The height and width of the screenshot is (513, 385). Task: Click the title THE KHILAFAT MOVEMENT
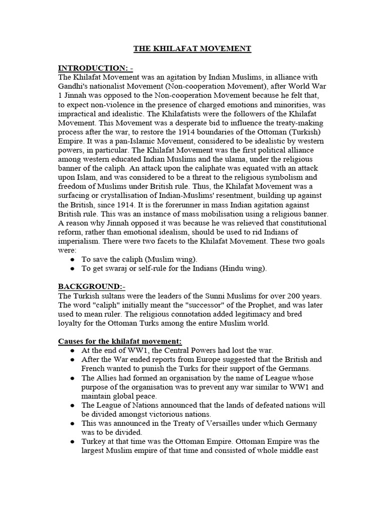pyautogui.click(x=192, y=49)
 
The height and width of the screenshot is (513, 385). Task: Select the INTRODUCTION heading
pyautogui.click(x=95, y=68)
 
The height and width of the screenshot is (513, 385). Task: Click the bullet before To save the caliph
pyautogui.click(x=73, y=260)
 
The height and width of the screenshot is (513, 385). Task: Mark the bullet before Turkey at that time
pyautogui.click(x=73, y=442)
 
